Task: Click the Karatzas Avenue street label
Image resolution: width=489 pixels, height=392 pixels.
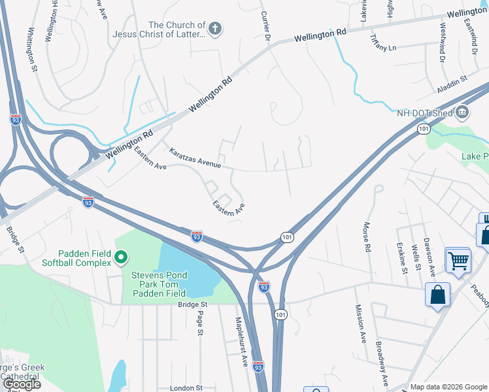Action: coord(195,157)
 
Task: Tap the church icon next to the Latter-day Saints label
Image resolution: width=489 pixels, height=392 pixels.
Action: coord(215,29)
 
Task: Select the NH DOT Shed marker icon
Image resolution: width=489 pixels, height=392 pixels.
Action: coord(463,112)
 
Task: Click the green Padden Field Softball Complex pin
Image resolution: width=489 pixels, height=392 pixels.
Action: coord(120,258)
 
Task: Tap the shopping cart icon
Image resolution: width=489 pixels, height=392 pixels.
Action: coord(458,261)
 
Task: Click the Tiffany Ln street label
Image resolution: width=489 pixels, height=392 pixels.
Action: coord(384,43)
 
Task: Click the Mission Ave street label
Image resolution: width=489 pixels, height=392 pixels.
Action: coord(360,324)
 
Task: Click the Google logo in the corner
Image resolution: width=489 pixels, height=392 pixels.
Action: coord(22,384)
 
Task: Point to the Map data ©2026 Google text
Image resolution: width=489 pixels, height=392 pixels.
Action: coord(448,387)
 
